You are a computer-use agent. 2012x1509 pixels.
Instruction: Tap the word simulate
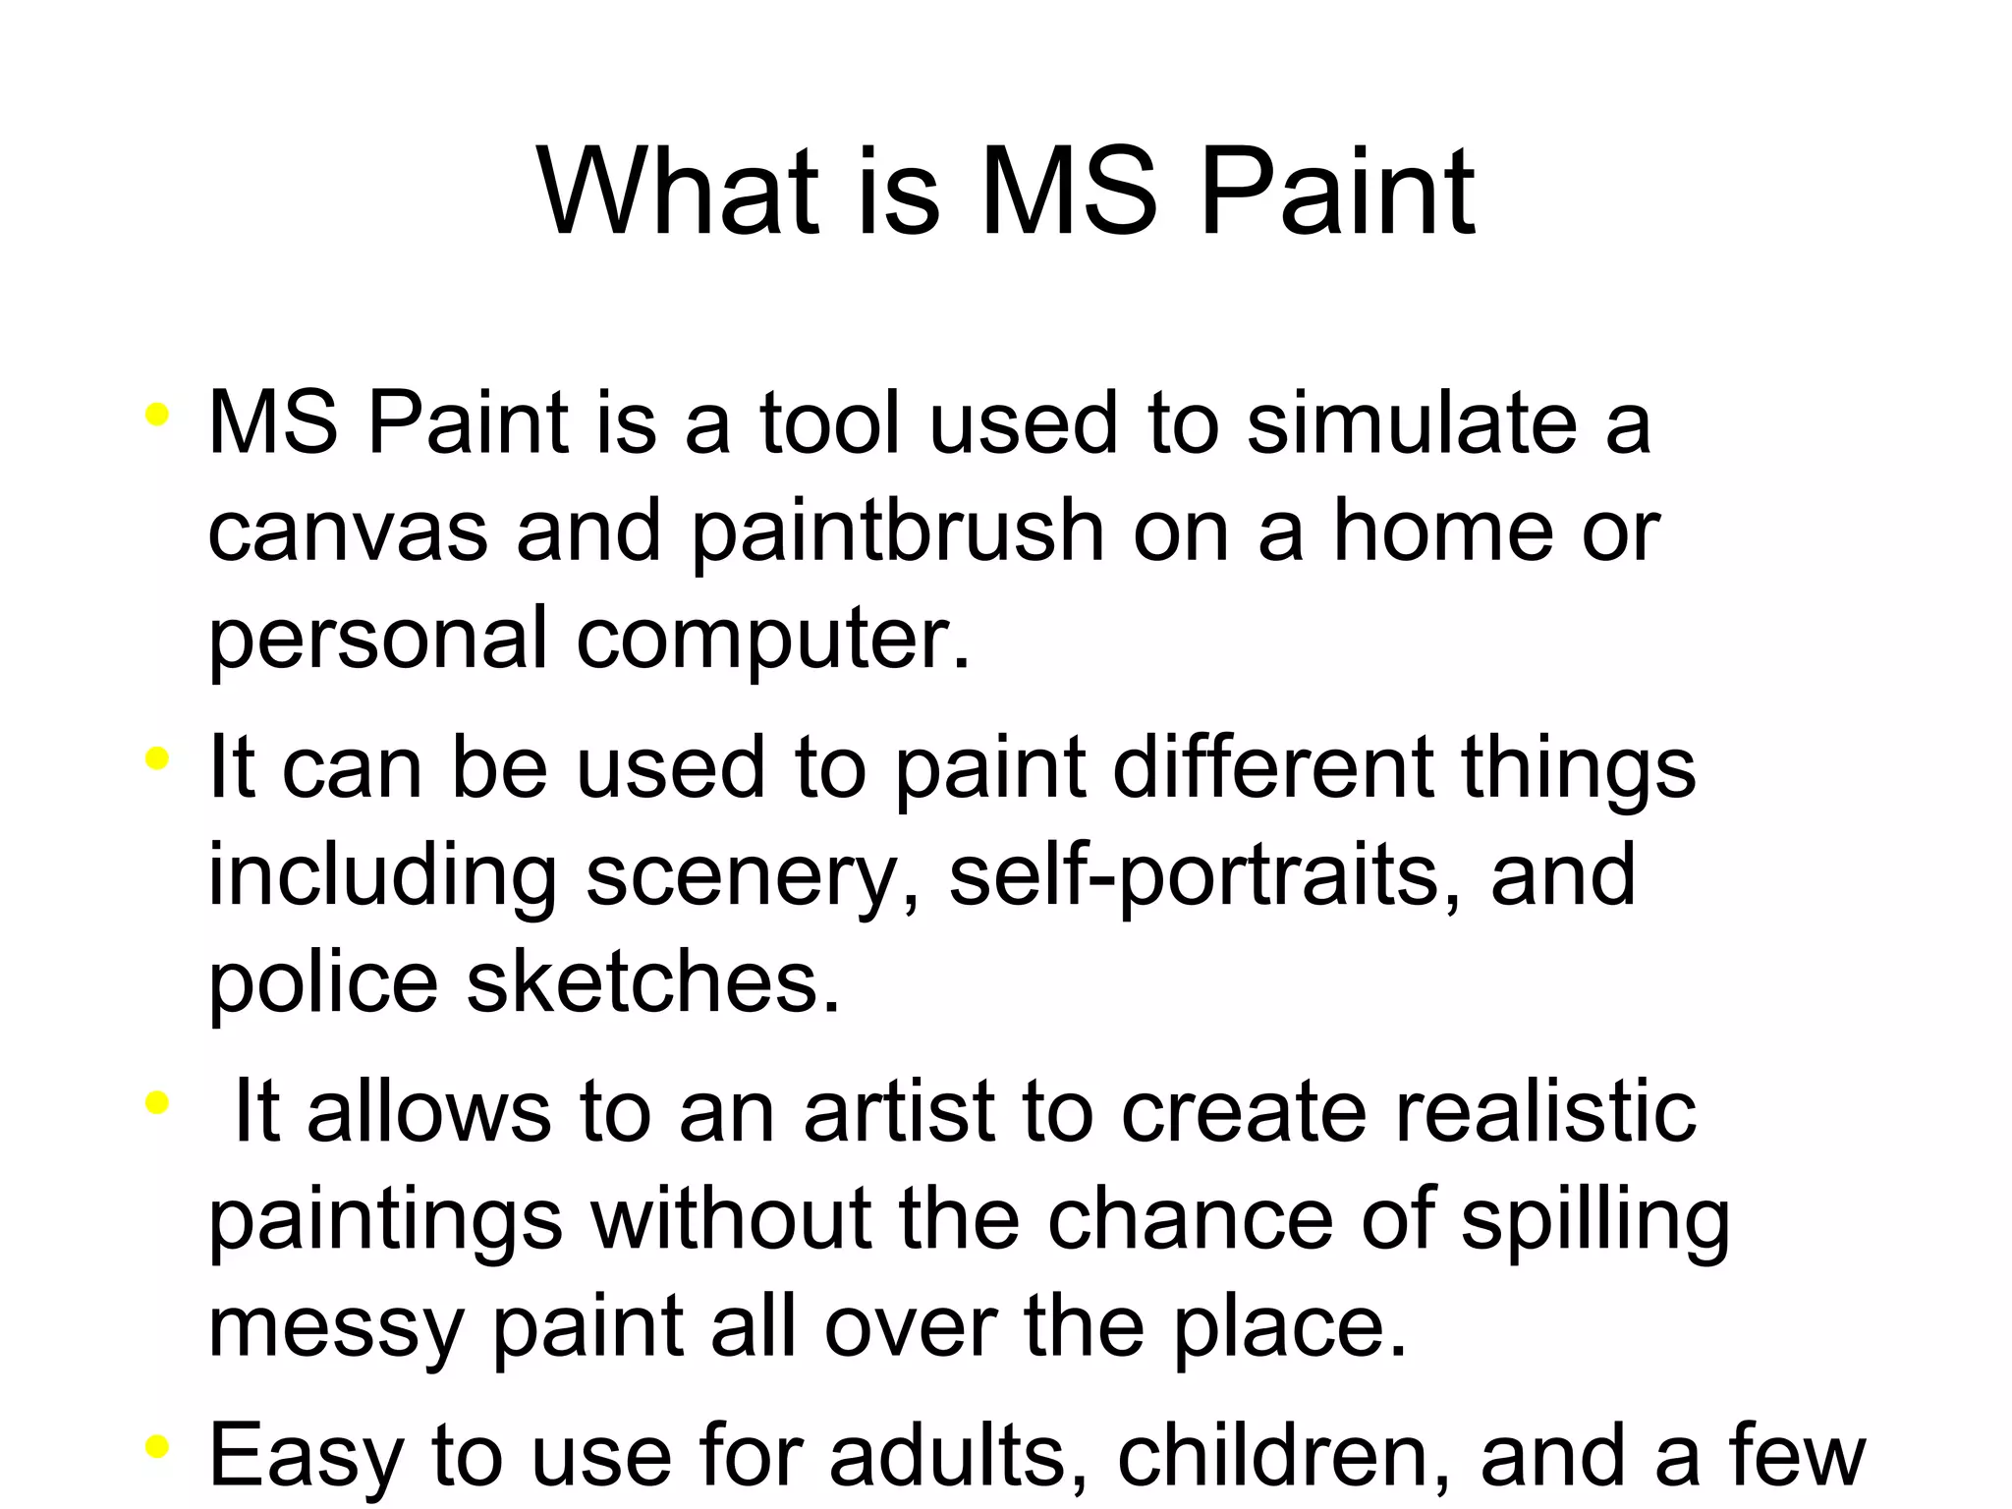coord(1411,422)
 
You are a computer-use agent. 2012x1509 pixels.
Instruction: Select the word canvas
coord(348,531)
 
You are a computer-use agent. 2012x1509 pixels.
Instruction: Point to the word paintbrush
coord(898,532)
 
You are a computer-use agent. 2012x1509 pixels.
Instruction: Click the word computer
coord(772,639)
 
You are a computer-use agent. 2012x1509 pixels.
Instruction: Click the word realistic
coord(1545,1112)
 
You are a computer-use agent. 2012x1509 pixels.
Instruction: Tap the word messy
coord(335,1328)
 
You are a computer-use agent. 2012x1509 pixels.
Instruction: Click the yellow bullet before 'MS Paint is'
coord(156,416)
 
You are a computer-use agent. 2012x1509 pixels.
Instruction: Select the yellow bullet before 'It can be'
coord(156,759)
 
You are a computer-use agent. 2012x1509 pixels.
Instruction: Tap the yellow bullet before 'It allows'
coord(156,1104)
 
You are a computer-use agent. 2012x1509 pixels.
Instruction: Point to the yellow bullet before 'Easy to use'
coord(156,1448)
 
